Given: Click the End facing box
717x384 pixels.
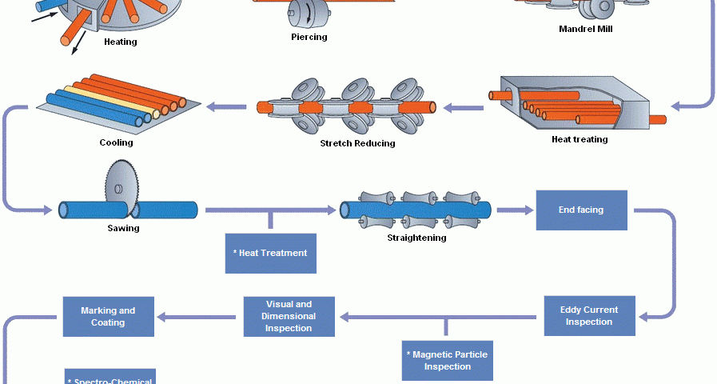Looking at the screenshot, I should pos(581,210).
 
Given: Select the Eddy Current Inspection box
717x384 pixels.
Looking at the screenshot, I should pos(589,316).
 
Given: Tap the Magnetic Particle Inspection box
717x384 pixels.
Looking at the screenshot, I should pos(448,360).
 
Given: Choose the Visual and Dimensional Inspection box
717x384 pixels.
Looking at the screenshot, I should pos(289,316).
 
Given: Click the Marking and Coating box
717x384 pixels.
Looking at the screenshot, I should pos(108,317).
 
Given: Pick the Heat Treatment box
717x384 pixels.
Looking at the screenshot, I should pos(270,253).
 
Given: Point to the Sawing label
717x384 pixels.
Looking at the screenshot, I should pos(123,228).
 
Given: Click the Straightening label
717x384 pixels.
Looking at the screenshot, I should pos(416,238).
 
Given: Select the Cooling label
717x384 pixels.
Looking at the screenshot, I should pos(116,143).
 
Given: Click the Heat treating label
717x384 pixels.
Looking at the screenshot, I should pos(580,139).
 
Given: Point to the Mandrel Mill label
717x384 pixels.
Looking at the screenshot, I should pos(586,30).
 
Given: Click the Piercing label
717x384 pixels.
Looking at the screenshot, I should pos(309,37).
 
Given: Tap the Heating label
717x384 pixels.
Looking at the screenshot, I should pos(120,42).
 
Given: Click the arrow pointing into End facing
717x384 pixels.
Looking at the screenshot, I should pos(515,210).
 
